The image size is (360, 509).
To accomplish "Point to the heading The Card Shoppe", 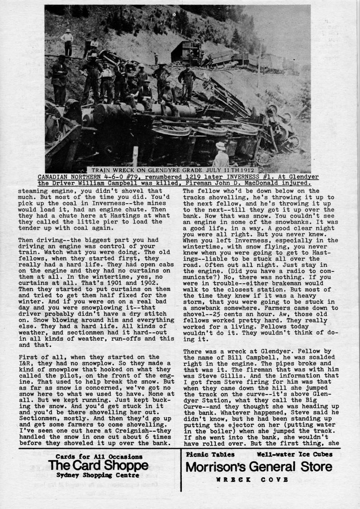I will point(98,466).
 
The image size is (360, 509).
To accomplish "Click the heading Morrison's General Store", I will point(259,466).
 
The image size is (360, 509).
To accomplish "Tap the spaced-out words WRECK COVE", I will point(252,479).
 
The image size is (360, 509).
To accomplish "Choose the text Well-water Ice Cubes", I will point(294,454).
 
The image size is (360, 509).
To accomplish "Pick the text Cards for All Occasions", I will point(98,457).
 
